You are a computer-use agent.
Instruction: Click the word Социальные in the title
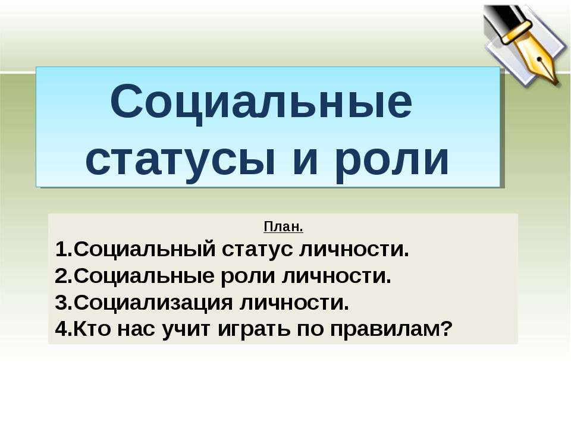click(x=261, y=102)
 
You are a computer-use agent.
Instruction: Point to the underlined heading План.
click(x=283, y=227)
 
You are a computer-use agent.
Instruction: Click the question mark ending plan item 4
click(x=447, y=328)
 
